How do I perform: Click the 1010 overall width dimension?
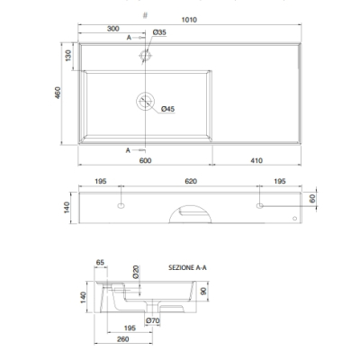pos(189,20)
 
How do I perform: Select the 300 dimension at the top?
pos(113,29)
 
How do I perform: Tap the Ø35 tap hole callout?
pos(159,32)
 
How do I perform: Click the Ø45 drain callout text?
pos(167,109)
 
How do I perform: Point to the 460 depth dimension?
pos(58,93)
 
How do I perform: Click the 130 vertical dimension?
pos(68,56)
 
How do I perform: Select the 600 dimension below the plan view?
pos(145,160)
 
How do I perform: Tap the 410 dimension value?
pos(256,160)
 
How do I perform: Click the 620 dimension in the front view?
pos(191,181)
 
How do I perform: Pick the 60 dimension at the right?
pos(312,199)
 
